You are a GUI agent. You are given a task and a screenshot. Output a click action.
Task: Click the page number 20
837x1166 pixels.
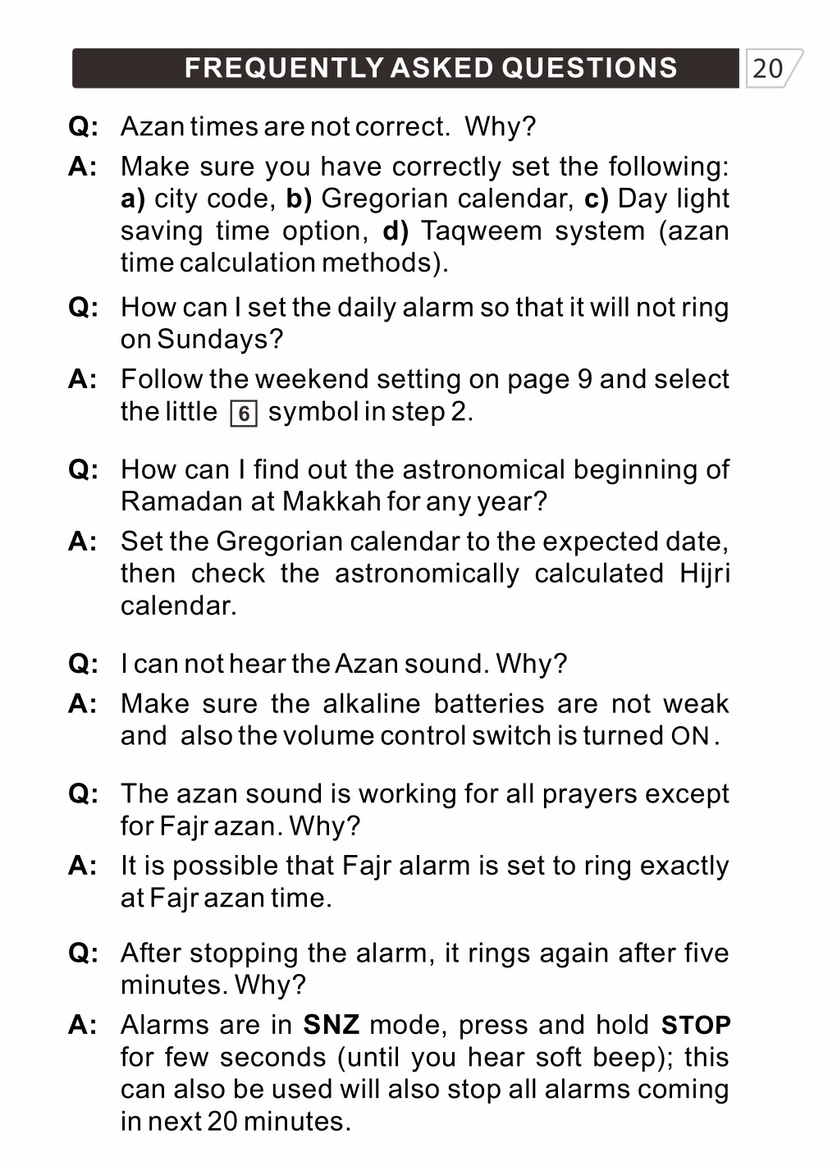click(x=767, y=68)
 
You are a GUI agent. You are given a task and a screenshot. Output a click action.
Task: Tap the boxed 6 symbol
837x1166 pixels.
click(x=244, y=413)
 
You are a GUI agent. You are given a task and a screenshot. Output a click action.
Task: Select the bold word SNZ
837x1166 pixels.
click(x=331, y=1025)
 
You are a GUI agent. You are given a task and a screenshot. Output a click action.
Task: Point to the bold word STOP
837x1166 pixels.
click(x=696, y=1026)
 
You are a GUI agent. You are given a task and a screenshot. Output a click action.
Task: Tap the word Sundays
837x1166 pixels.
click(x=215, y=339)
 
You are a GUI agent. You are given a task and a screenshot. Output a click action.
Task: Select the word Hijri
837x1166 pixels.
click(x=704, y=574)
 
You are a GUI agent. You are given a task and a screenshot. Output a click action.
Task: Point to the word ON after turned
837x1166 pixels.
click(x=689, y=736)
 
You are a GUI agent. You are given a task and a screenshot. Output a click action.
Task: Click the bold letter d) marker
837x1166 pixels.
click(x=396, y=231)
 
